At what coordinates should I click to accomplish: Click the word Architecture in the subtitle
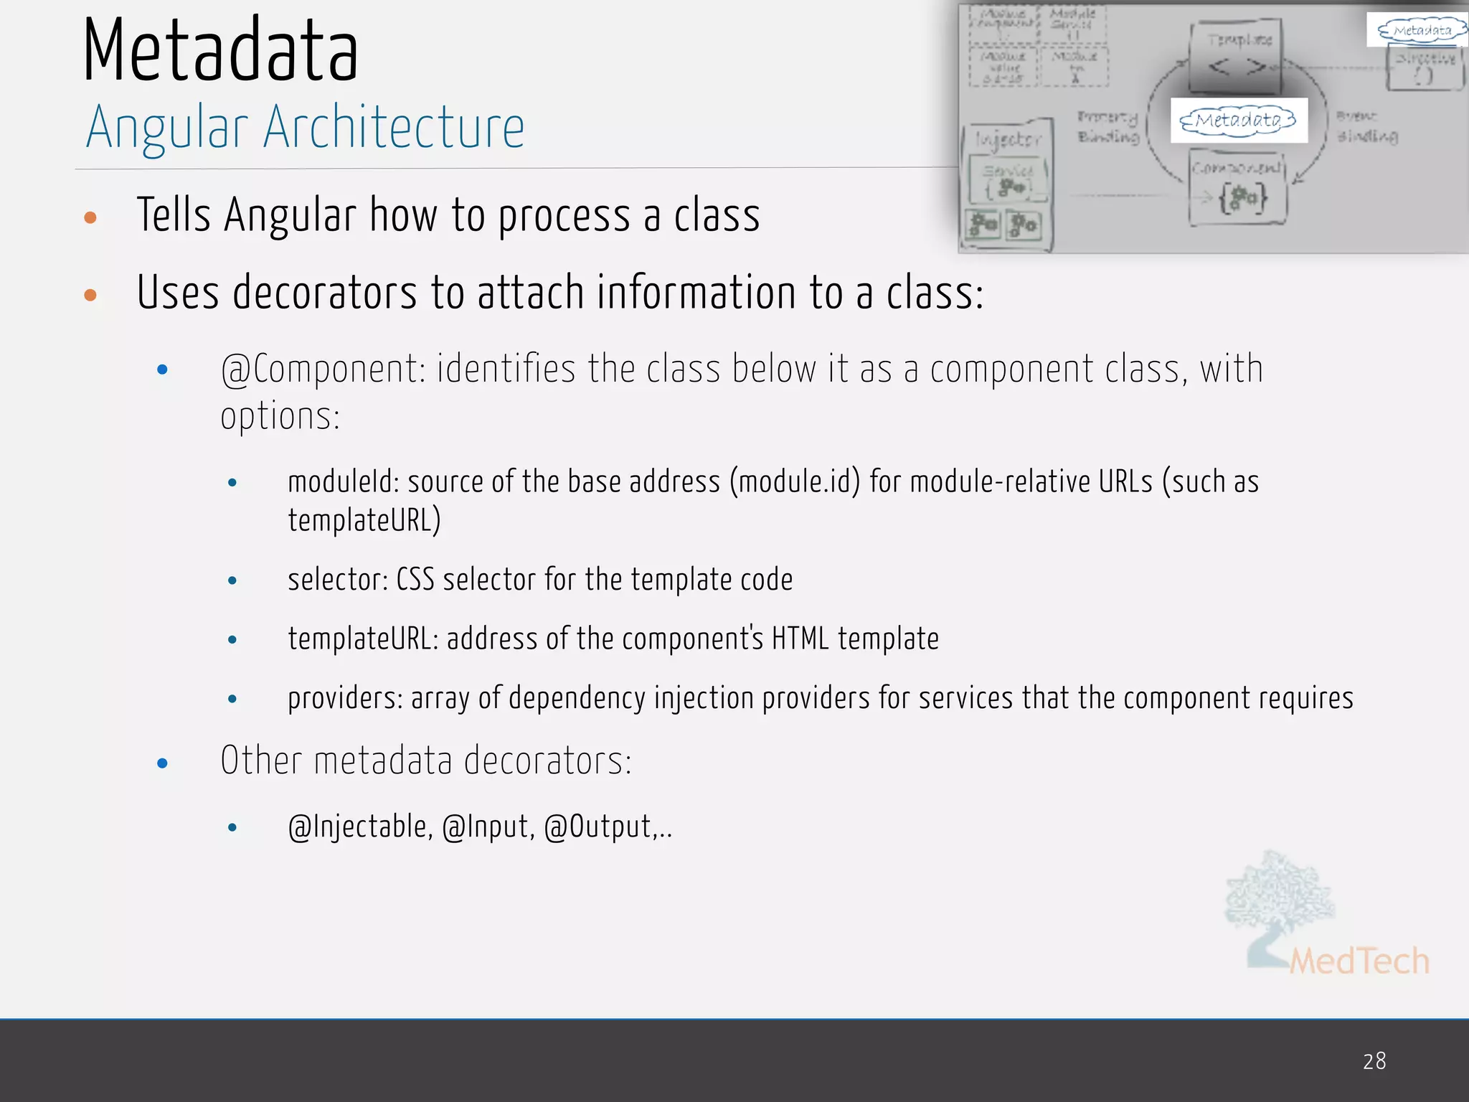pos(394,128)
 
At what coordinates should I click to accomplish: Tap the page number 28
pos(1374,1061)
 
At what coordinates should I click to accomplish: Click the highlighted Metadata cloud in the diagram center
pos(1239,120)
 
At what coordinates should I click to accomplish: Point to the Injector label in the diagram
pos(1008,139)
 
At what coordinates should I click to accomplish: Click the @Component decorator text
pos(323,369)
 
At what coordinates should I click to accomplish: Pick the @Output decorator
pos(600,827)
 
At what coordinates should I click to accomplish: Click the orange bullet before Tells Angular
pos(90,217)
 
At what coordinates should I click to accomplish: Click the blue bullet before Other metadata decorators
pos(162,763)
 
